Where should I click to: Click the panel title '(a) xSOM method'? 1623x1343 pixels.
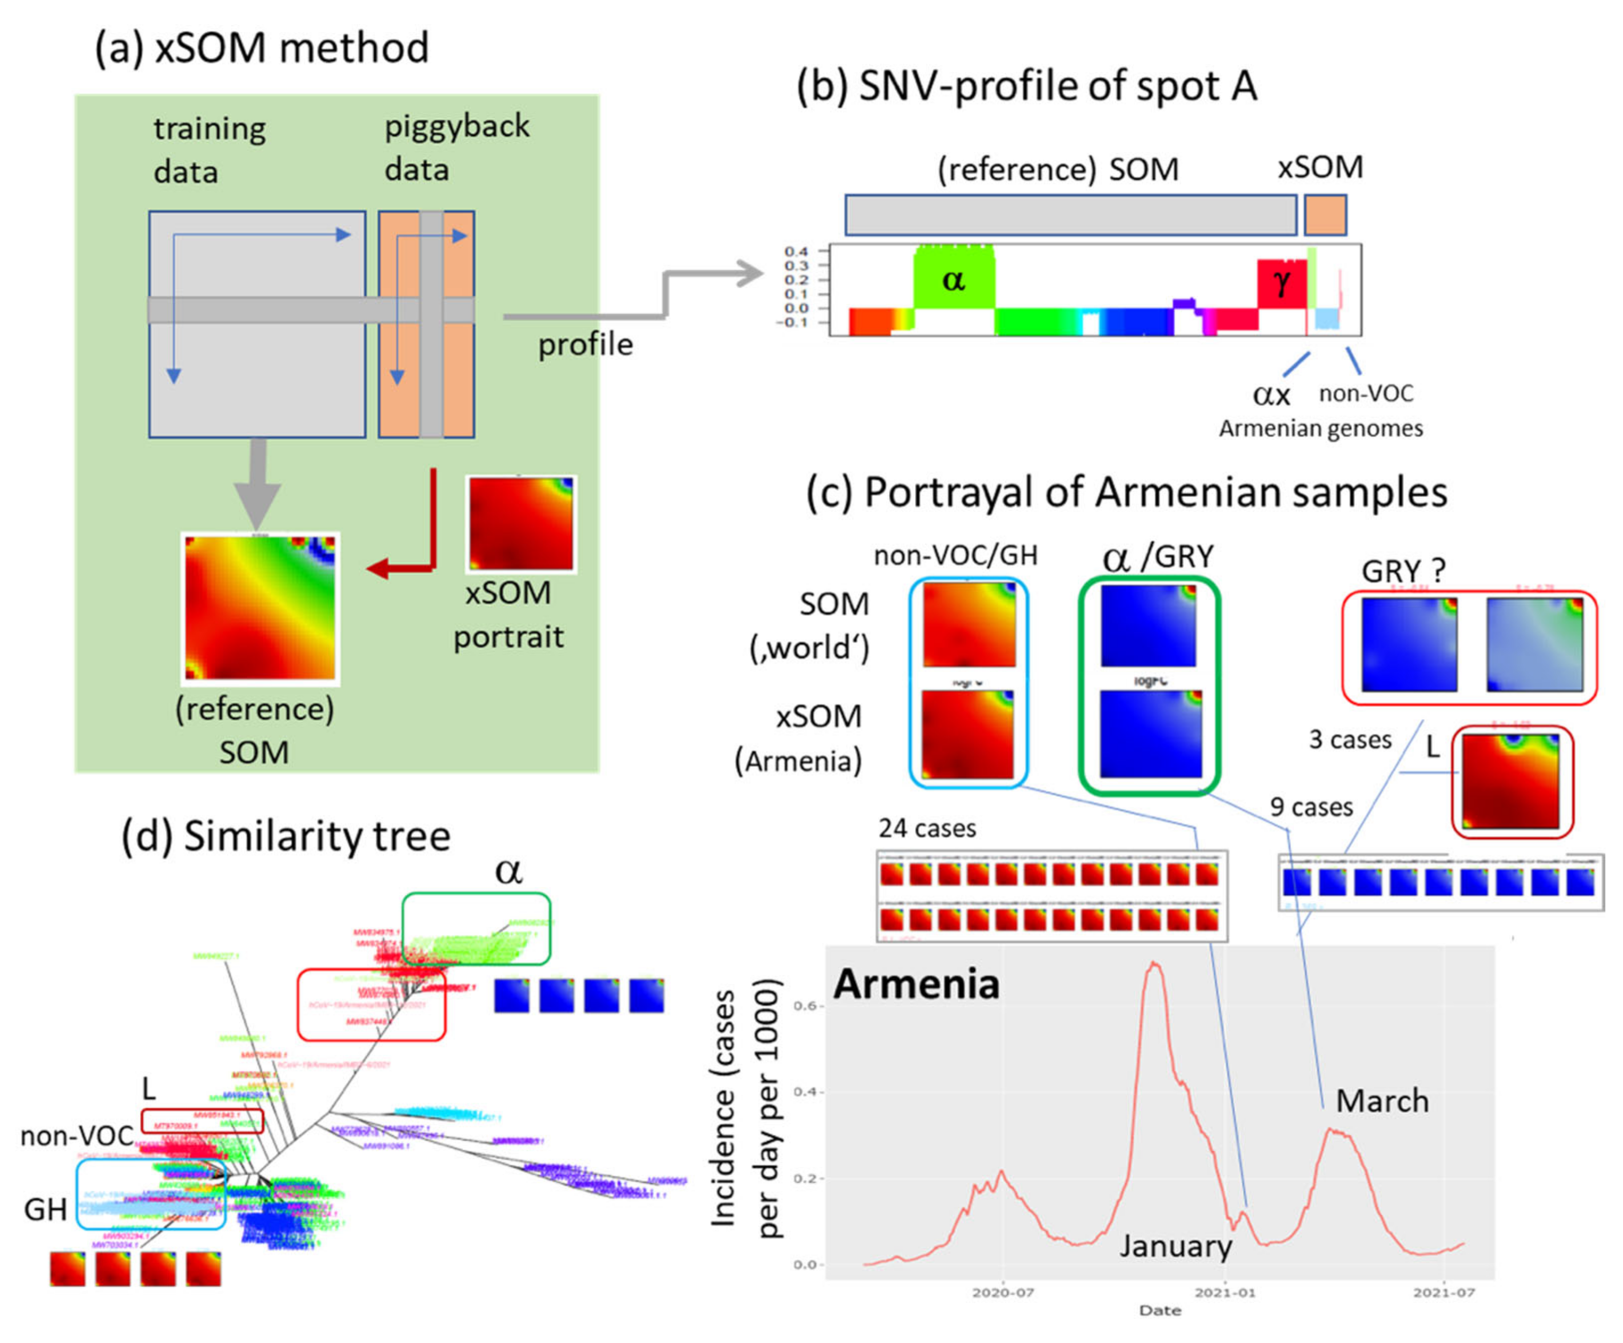(x=261, y=48)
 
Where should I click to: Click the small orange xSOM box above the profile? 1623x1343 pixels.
(x=1325, y=215)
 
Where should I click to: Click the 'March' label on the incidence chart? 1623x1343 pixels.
(x=1382, y=1101)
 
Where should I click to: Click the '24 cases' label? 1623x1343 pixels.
(x=927, y=829)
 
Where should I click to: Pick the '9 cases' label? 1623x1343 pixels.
(x=1311, y=807)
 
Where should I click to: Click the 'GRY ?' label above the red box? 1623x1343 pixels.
(x=1403, y=571)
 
